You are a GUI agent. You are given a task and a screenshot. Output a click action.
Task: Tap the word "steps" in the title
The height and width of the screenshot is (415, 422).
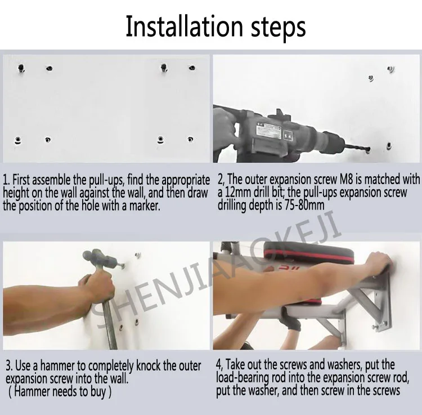tap(279, 29)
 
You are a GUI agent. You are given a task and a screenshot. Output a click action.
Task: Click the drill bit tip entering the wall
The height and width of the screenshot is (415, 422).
tap(368, 149)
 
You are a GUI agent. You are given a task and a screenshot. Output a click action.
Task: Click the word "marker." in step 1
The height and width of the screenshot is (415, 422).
tap(145, 206)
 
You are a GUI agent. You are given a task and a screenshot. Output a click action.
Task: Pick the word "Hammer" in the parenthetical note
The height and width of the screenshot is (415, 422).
tap(31, 391)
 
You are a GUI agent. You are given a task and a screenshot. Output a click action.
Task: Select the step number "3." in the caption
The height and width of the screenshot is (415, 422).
tap(9, 365)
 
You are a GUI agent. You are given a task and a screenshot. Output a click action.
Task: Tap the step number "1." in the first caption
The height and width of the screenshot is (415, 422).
tap(6, 180)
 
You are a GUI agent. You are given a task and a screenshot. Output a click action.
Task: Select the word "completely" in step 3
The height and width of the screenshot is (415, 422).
tap(111, 366)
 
